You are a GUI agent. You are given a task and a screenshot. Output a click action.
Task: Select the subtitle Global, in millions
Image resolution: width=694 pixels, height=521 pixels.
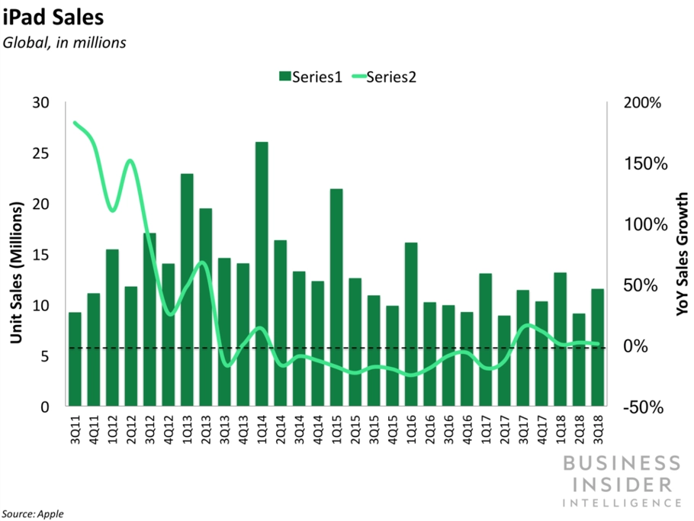(64, 43)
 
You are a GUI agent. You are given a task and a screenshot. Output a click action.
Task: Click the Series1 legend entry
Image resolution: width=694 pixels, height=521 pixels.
(310, 76)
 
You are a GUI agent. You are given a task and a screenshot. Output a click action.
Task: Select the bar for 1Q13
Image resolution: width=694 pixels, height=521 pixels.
(187, 290)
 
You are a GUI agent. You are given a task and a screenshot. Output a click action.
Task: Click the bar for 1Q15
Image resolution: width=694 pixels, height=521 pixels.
(336, 297)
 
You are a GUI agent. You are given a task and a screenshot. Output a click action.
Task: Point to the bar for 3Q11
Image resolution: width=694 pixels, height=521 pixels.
(75, 359)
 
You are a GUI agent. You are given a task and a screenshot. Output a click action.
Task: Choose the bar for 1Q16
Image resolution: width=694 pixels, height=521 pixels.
(411, 323)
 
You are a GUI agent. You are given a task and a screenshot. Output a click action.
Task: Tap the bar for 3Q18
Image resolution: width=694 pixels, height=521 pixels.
(597, 347)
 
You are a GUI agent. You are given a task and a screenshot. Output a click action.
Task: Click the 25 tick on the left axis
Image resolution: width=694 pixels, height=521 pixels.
(39, 154)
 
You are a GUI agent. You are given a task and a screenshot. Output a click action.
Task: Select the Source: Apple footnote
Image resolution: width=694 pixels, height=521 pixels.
(32, 513)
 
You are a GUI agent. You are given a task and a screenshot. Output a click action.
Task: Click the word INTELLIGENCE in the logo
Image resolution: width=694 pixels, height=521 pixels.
(621, 503)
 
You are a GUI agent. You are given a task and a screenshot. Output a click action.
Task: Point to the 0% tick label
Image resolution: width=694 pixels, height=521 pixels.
(654, 346)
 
